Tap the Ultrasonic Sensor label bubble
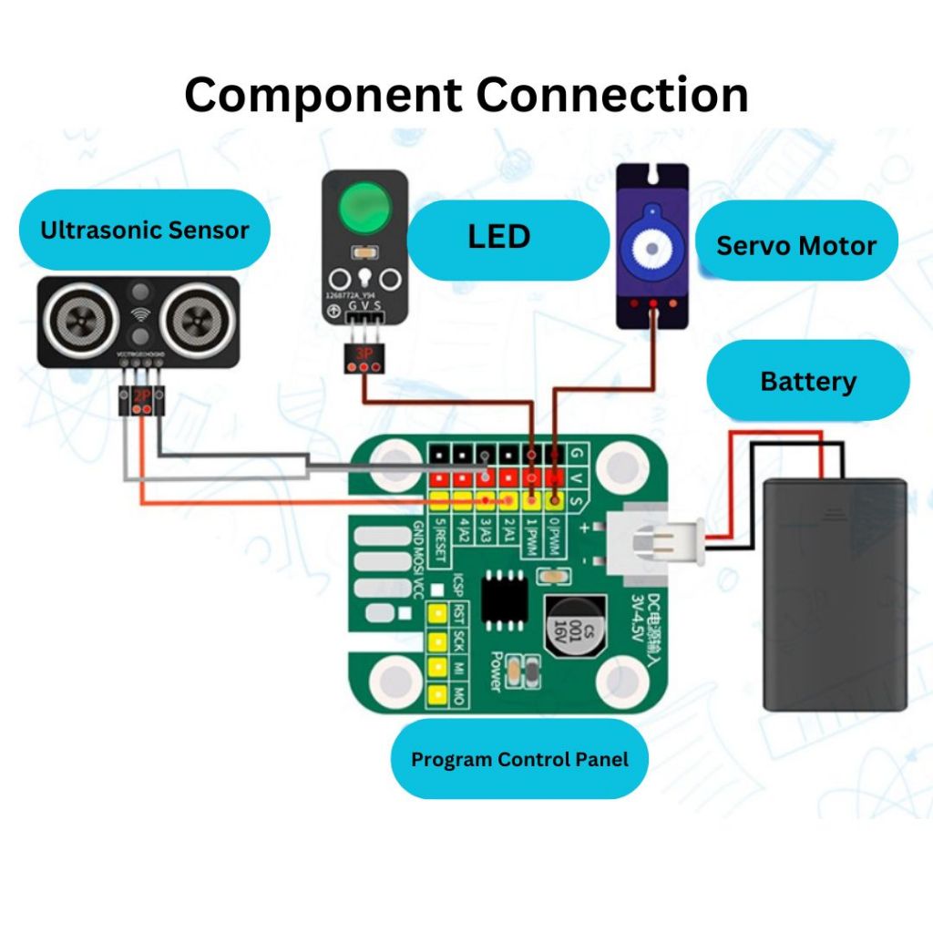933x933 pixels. pos(144,230)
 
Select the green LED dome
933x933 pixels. pos(364,209)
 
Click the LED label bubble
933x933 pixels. pos(499,238)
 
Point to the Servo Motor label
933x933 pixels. pos(796,246)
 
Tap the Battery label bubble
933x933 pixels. pos(808,381)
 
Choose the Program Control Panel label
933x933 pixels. pos(519,759)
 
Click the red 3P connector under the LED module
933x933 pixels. pos(362,361)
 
